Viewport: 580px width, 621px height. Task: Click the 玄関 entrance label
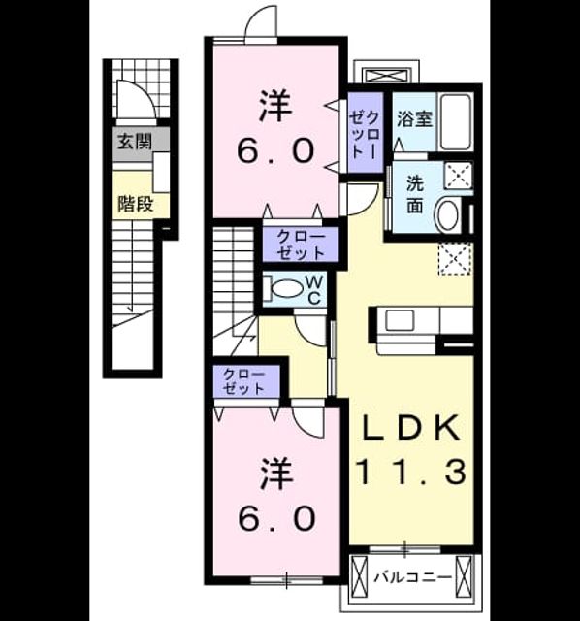point(136,142)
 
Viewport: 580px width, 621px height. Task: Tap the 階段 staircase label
point(136,204)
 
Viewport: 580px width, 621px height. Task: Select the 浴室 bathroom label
point(414,118)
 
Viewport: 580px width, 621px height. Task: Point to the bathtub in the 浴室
point(455,121)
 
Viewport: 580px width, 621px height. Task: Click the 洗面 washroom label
point(415,194)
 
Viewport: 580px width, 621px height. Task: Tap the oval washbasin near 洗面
point(447,214)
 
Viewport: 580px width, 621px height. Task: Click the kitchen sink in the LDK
point(400,320)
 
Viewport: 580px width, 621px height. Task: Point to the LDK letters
point(412,428)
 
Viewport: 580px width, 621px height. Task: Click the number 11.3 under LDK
point(412,472)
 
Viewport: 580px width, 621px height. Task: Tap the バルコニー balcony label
point(413,577)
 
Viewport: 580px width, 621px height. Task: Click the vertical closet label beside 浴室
point(366,135)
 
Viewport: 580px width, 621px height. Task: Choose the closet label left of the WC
point(301,245)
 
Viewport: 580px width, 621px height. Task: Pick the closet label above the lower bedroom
point(243,381)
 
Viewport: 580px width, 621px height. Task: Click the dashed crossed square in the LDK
point(455,259)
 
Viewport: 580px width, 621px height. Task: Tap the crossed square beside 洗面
point(459,175)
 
